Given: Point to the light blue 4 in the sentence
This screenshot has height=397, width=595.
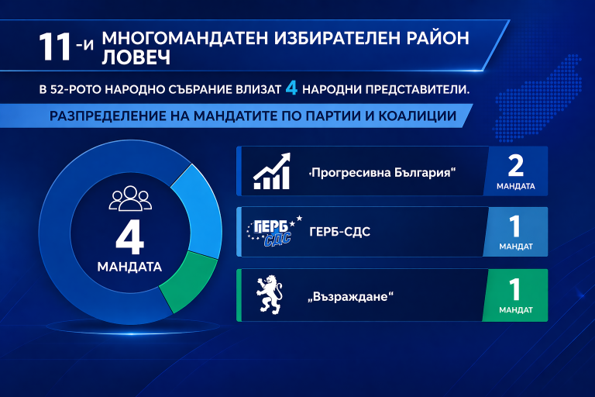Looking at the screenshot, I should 291,88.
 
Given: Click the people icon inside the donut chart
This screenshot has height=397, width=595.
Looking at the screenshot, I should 129,199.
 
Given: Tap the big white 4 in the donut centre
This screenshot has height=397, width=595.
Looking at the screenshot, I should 129,238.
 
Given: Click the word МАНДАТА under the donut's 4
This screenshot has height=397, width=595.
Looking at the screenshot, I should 129,268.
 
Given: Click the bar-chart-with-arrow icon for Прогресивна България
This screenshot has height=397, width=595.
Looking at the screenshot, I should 272,171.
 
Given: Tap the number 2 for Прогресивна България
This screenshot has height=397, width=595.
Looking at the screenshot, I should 515,166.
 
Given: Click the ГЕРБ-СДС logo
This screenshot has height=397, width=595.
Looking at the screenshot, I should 268,232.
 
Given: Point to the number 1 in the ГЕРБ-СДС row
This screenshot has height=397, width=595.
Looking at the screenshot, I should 515,227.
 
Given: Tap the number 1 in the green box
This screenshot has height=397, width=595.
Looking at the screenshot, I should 515,289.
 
